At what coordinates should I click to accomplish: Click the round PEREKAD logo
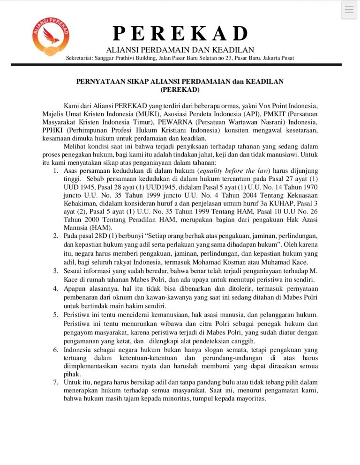46,38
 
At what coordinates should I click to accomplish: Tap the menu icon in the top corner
349,10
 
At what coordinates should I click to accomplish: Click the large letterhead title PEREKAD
180,34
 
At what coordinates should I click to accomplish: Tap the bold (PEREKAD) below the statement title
180,89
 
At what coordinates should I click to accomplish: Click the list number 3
54,270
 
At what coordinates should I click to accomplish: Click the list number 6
54,349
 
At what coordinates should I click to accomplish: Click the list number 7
54,383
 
